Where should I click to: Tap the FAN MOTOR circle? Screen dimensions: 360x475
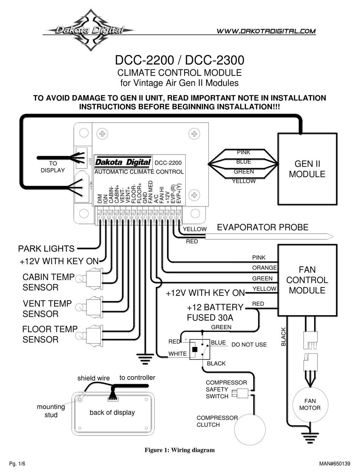pos(310,405)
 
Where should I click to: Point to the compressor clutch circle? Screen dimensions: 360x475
pos(250,430)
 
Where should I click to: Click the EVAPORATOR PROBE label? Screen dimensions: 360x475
pos(263,227)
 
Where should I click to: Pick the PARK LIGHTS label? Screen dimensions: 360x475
pos(46,248)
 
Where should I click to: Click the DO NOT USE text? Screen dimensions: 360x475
pos(249,345)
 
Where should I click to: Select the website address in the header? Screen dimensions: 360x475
pos(266,31)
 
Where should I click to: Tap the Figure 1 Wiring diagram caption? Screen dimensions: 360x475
pos(180,450)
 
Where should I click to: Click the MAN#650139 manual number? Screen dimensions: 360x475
pos(335,464)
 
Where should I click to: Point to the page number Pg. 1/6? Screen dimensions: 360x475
pos(17,464)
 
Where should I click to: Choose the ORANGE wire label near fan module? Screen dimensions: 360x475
pos(265,268)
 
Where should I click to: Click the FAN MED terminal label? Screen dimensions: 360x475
pos(151,192)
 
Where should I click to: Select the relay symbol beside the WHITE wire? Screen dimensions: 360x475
pos(200,349)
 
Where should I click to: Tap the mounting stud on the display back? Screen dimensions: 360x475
pos(80,398)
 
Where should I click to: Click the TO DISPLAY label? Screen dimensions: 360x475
pos(53,167)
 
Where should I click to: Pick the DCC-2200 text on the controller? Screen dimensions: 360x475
pos(168,163)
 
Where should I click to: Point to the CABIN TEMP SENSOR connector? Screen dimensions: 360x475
pos(94,278)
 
